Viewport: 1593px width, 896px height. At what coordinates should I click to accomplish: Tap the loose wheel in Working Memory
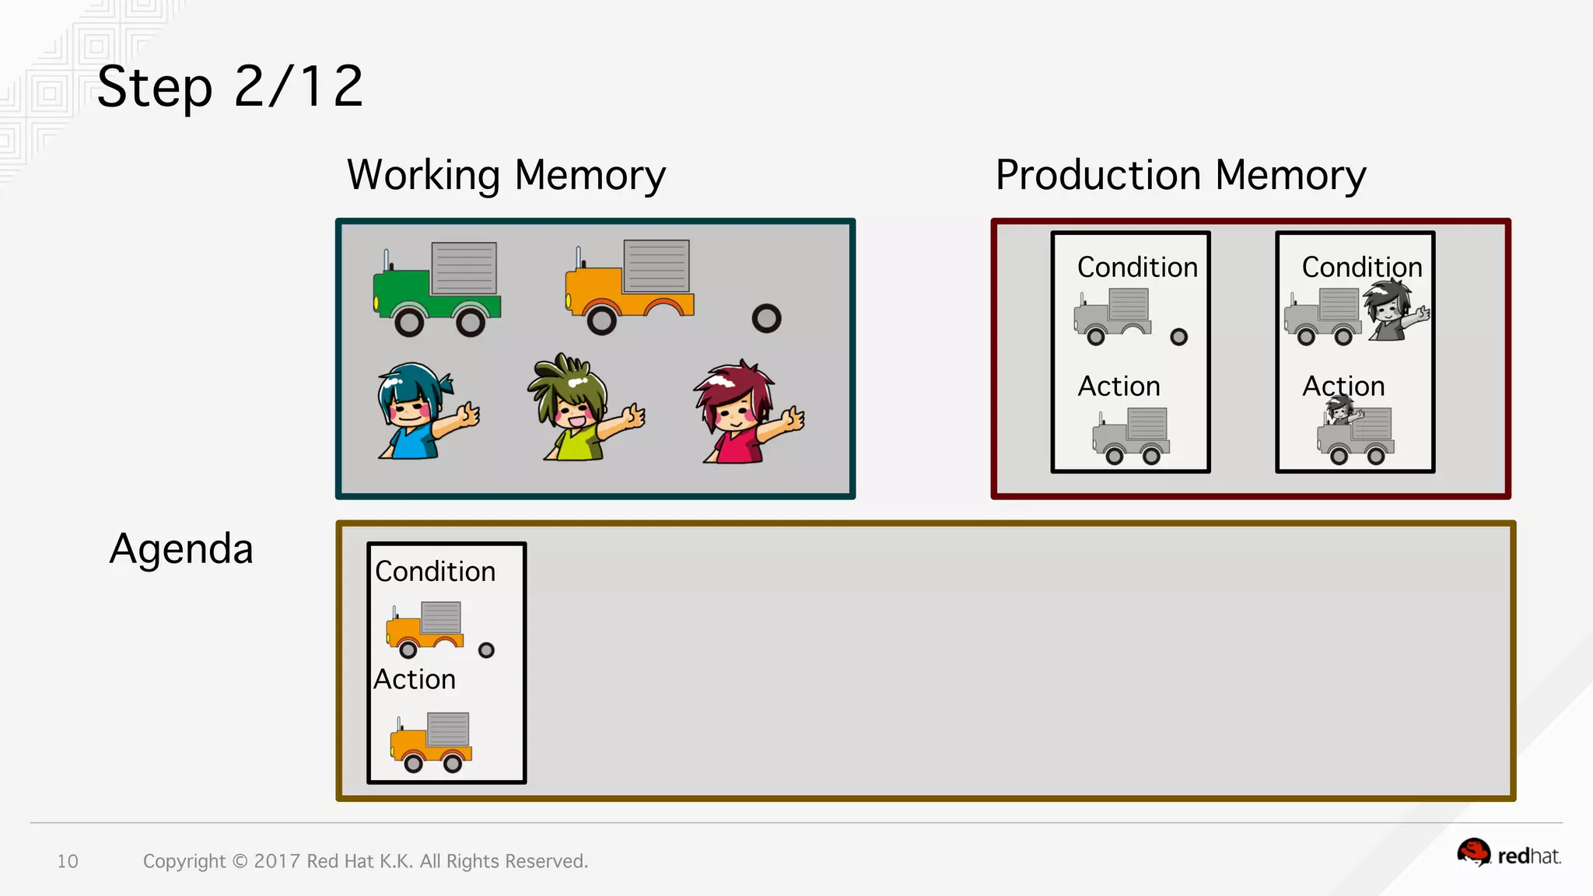766,318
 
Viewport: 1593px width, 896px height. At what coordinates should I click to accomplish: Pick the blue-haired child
424,413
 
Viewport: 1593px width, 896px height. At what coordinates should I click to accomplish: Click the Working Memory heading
506,175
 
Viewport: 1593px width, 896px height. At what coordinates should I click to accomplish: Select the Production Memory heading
1180,175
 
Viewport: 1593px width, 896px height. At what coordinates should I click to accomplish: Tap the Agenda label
181,549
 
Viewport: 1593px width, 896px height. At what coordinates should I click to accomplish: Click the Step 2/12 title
230,86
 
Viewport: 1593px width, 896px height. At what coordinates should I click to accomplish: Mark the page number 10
68,861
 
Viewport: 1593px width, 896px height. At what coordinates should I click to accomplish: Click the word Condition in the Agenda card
435,572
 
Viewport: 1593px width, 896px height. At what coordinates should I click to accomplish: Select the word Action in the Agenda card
415,680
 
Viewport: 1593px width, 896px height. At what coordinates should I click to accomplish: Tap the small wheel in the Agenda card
486,650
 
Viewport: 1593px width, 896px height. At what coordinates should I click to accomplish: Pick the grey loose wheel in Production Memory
1179,337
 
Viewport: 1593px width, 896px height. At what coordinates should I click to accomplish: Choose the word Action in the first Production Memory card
1119,387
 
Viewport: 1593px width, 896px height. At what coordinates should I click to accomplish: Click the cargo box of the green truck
464,268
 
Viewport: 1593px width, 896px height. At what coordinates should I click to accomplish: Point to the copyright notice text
365,861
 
